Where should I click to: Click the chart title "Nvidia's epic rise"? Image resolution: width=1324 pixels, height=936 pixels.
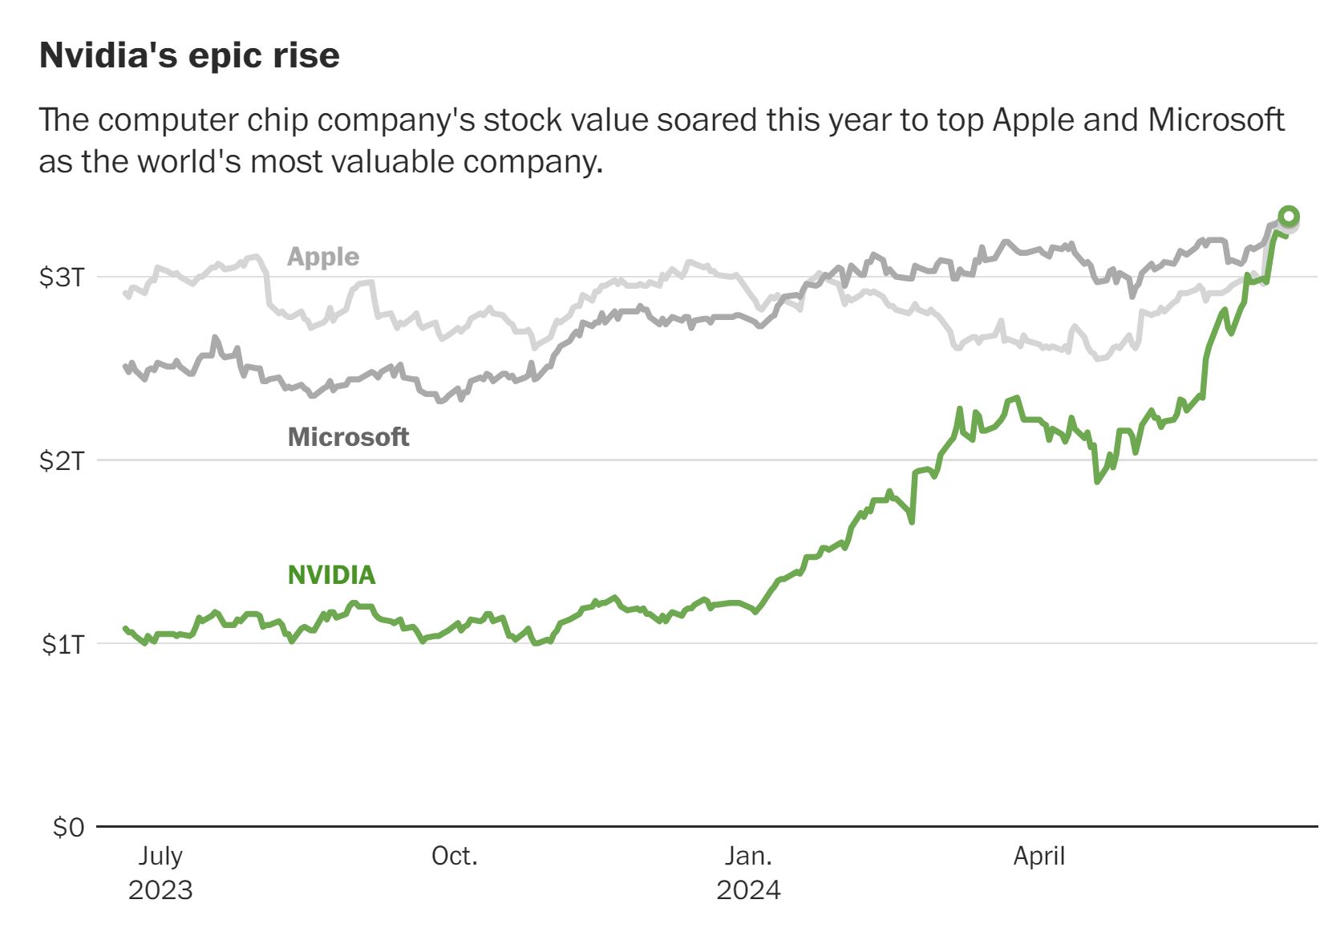pyautogui.click(x=189, y=55)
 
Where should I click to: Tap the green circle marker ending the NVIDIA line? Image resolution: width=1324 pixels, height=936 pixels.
pyautogui.click(x=1289, y=216)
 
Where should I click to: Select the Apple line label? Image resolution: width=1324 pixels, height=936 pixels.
pyautogui.click(x=323, y=257)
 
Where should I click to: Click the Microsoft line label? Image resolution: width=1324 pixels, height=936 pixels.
pyautogui.click(x=348, y=437)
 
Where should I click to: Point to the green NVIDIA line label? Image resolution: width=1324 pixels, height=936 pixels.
pyautogui.click(x=331, y=575)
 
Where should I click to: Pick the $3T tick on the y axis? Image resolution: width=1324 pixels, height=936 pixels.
pyautogui.click(x=62, y=278)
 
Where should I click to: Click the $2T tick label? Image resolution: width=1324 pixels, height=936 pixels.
pyautogui.click(x=62, y=461)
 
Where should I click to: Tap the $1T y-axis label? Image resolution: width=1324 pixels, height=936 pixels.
pyautogui.click(x=63, y=644)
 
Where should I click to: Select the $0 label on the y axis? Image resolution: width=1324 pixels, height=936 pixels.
pyautogui.click(x=68, y=827)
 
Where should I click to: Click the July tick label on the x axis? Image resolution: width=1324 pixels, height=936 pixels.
pyautogui.click(x=160, y=856)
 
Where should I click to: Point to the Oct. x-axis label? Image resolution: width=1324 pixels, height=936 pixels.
pyautogui.click(x=454, y=856)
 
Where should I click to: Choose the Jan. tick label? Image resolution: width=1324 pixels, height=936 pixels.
pyautogui.click(x=748, y=856)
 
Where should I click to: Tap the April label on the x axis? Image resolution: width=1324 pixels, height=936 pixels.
pyautogui.click(x=1039, y=856)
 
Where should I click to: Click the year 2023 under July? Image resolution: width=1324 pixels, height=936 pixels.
pyautogui.click(x=160, y=890)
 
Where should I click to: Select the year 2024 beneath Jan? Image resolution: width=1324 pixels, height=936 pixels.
pyautogui.click(x=748, y=890)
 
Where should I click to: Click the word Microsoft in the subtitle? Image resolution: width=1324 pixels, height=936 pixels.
pyautogui.click(x=1216, y=120)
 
